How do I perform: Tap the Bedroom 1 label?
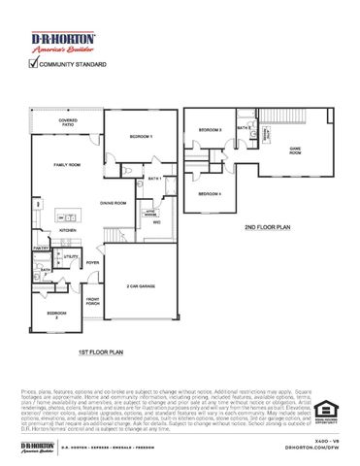coord(142,138)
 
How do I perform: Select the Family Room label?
coord(65,166)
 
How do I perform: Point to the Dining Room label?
coord(115,202)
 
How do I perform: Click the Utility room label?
coord(70,257)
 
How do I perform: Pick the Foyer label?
coord(93,262)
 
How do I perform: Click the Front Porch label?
coord(93,301)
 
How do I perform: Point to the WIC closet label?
coord(155,221)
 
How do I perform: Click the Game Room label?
coord(295,149)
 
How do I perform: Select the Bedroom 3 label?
coord(211,129)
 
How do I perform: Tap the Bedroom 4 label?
coord(211,193)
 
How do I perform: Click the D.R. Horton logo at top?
coord(56,41)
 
